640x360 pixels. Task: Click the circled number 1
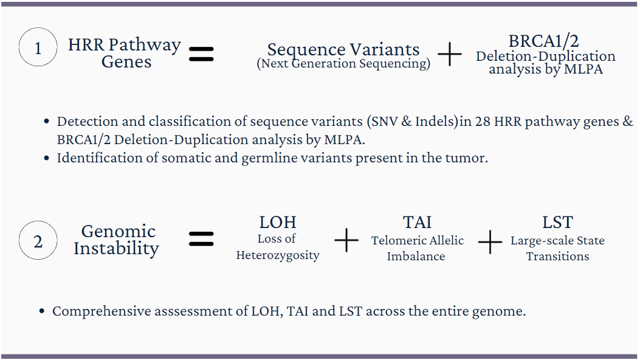(38, 48)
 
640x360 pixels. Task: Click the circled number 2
(38, 241)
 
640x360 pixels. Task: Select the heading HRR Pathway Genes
(125, 53)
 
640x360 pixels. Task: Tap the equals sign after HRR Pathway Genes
(201, 54)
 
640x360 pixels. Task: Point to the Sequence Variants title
(343, 49)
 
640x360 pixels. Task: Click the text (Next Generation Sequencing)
(343, 64)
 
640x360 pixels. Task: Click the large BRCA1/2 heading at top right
(544, 41)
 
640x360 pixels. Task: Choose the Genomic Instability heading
(117, 240)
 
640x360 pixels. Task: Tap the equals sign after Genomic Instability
(201, 239)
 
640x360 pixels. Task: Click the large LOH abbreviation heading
(278, 223)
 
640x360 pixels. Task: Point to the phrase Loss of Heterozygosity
(278, 247)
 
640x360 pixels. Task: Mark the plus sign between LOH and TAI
(346, 241)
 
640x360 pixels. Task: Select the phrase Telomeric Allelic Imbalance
(417, 248)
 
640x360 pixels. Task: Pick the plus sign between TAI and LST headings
(490, 244)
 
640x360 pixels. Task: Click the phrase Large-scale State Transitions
(557, 248)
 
